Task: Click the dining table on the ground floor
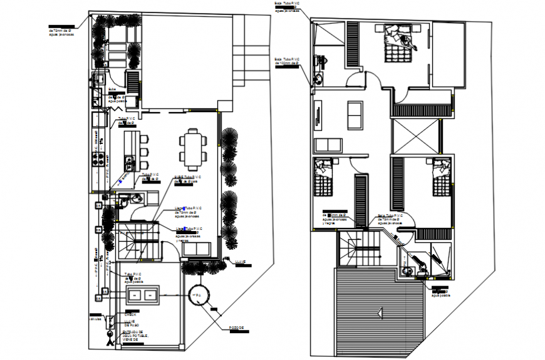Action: pos(192,146)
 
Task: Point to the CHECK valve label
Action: pos(132,314)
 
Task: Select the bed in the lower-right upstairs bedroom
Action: pos(442,178)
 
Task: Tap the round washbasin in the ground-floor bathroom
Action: pos(123,199)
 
